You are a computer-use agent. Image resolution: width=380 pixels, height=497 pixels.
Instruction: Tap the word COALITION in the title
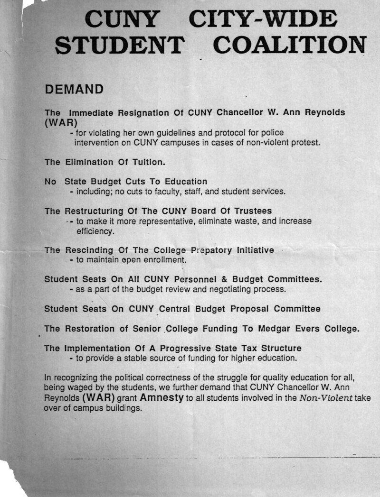point(289,45)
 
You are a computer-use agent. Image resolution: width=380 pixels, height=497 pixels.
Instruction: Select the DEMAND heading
point(74,89)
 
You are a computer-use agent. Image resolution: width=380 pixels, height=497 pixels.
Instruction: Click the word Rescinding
point(89,250)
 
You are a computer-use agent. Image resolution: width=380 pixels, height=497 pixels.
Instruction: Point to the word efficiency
point(95,231)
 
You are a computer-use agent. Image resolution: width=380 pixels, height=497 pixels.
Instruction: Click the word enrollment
point(163,260)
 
